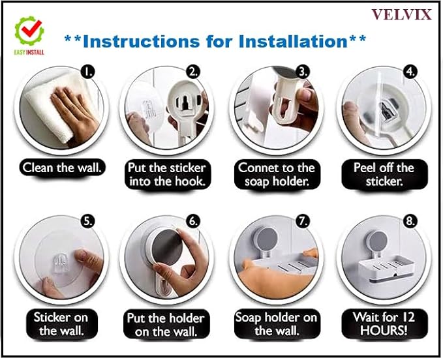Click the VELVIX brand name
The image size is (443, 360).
(401, 14)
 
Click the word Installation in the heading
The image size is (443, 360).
(293, 41)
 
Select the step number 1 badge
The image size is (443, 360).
(87, 72)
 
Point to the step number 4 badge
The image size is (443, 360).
(410, 72)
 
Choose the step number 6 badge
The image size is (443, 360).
(193, 221)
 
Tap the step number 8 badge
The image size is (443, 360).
(410, 221)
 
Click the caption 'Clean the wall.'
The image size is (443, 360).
(62, 168)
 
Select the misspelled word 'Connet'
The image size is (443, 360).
(257, 168)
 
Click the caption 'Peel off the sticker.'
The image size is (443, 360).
(384, 175)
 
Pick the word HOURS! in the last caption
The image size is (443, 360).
(384, 330)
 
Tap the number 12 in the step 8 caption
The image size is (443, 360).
(408, 317)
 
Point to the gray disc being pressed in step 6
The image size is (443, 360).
(165, 247)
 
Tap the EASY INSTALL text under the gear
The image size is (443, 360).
(29, 52)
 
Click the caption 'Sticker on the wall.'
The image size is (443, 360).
(62, 324)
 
